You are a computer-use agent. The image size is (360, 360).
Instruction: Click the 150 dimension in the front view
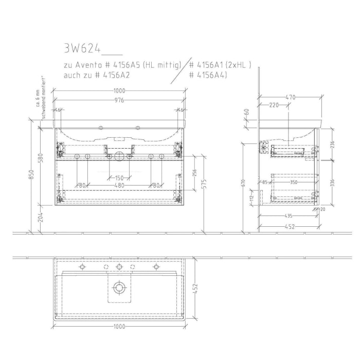coord(119,178)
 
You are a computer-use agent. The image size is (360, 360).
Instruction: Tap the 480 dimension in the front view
coord(119,185)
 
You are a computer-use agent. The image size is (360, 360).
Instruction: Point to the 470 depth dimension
coord(290,96)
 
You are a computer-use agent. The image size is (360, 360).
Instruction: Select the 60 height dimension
coord(247,112)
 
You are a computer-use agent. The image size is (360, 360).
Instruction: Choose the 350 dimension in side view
coord(294,182)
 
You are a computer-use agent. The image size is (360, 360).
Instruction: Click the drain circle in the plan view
coord(119,287)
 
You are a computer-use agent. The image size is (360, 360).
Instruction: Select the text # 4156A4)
coord(208,75)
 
